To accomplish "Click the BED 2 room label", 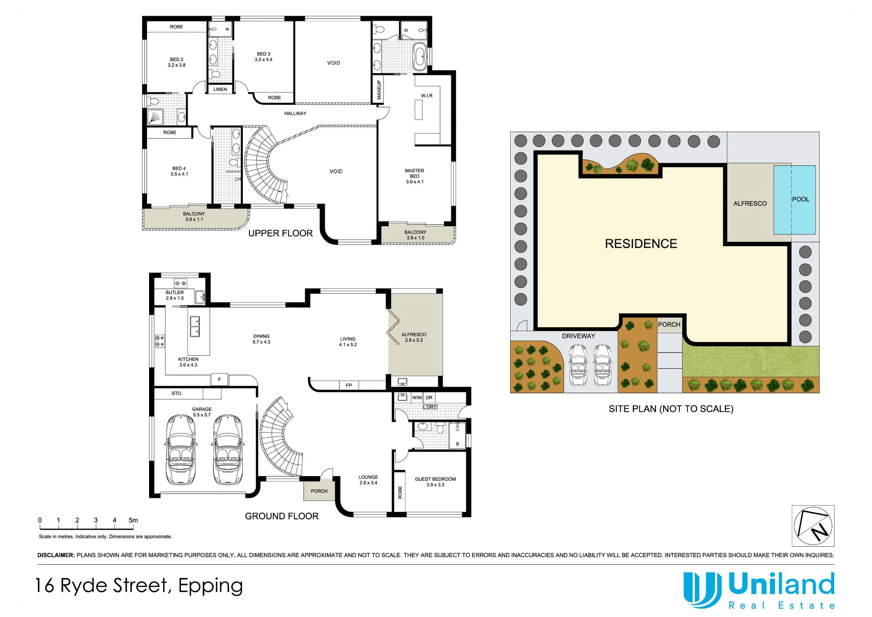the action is click(177, 62).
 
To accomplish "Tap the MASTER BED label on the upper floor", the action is click(414, 176).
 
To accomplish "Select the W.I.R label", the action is click(427, 96).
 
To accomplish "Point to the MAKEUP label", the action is click(379, 90).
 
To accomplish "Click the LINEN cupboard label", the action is click(220, 89).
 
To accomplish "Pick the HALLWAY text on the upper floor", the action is click(295, 113).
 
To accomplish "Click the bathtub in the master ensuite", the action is click(420, 57).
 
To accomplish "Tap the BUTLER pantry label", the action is click(174, 295).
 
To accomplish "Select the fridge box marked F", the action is click(219, 380).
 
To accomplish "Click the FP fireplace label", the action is click(349, 385).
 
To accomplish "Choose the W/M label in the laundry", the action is click(417, 398).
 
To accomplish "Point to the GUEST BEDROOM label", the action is click(435, 482).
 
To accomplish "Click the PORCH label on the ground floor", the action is click(319, 491).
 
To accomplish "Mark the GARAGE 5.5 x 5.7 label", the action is click(201, 412).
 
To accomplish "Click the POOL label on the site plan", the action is click(800, 199).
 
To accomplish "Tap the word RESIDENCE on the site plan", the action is click(641, 243).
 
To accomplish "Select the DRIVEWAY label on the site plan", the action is click(578, 336).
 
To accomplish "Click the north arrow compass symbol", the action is click(813, 526).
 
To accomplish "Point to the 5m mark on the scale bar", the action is click(133, 520).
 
